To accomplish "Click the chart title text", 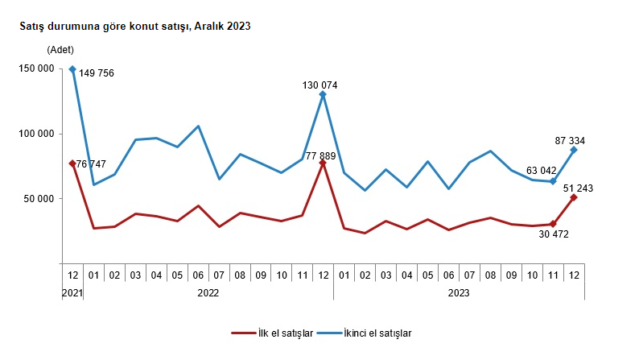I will (135, 27).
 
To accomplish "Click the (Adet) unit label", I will (60, 50).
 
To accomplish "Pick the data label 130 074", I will (319, 85).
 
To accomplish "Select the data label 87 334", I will (572, 140).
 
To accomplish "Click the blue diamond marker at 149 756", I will (72, 69).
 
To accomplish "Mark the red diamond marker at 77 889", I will (323, 163).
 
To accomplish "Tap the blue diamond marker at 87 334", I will (574, 150).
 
